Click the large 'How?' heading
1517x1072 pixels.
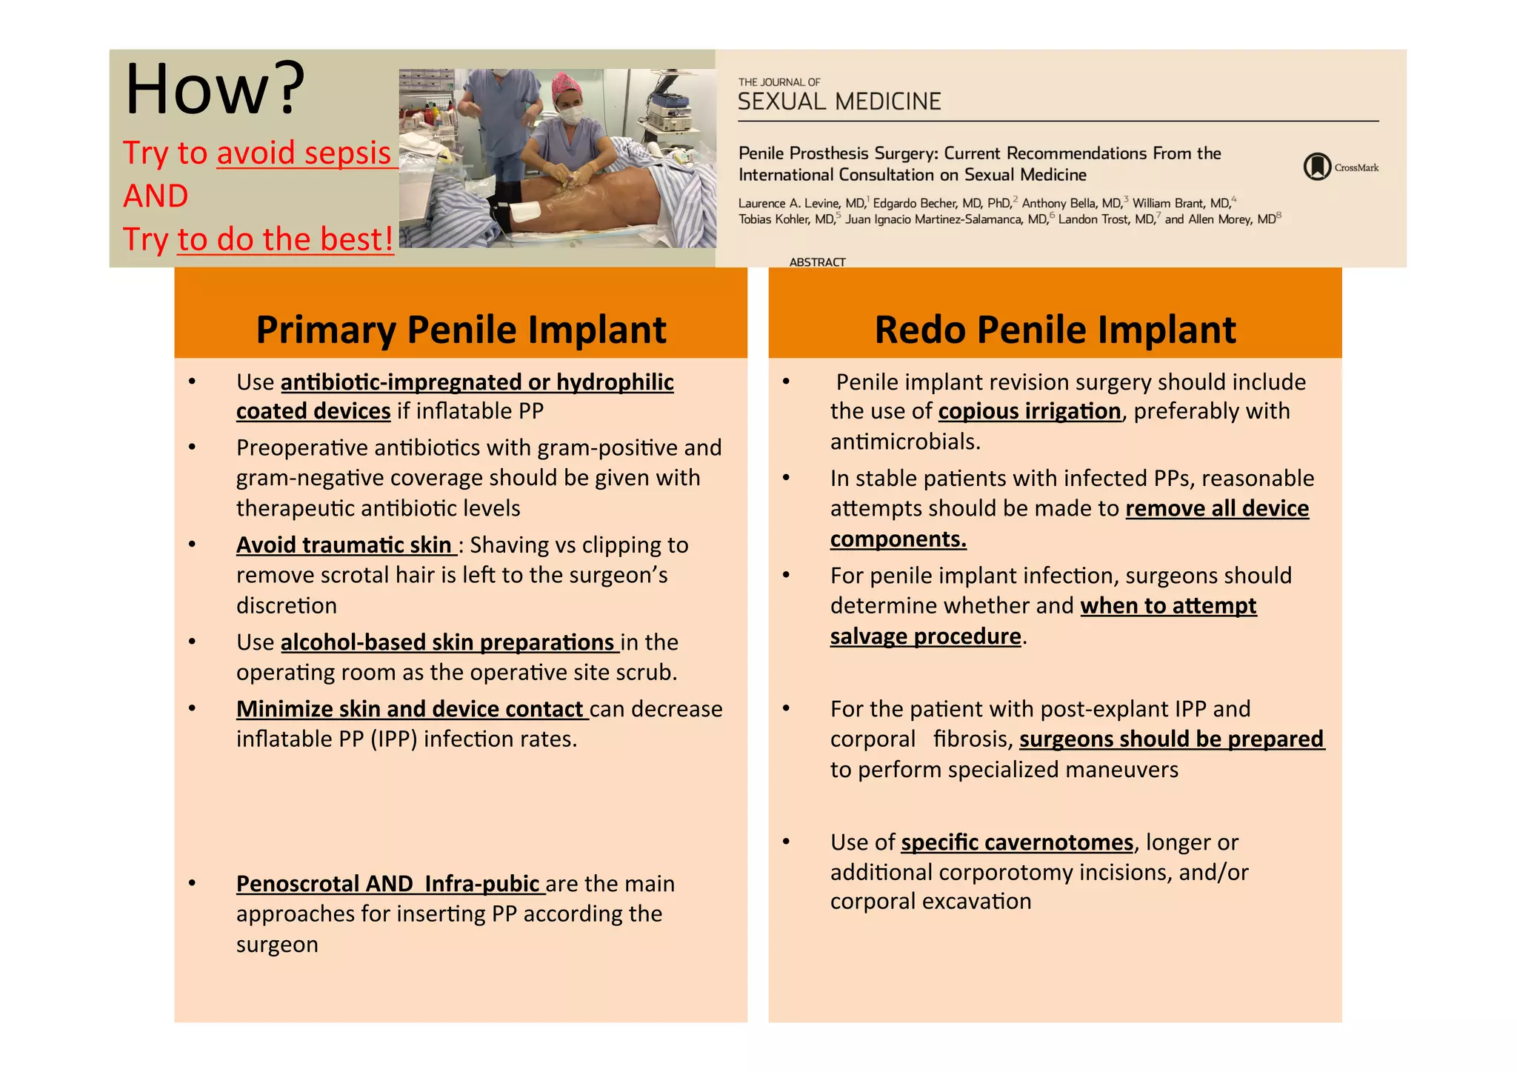[214, 90]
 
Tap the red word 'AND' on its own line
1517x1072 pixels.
[156, 196]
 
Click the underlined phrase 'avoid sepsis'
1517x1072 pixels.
[304, 153]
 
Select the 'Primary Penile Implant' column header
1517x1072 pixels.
[461, 329]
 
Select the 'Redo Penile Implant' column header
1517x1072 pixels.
[1055, 329]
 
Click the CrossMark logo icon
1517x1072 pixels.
[1317, 167]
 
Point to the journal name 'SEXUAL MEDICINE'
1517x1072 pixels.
[839, 101]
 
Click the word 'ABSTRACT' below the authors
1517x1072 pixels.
[817, 262]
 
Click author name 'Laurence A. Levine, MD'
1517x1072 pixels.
[802, 203]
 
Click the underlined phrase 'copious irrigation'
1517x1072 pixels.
[1030, 411]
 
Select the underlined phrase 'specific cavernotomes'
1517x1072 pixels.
[1017, 842]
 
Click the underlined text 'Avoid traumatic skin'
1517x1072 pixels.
[344, 545]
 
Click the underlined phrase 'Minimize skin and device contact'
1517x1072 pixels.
[410, 709]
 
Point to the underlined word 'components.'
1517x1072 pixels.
[898, 539]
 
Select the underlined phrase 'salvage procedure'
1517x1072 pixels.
[925, 636]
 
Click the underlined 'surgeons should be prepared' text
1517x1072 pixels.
[1171, 739]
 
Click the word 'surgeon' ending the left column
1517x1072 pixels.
[277, 945]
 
